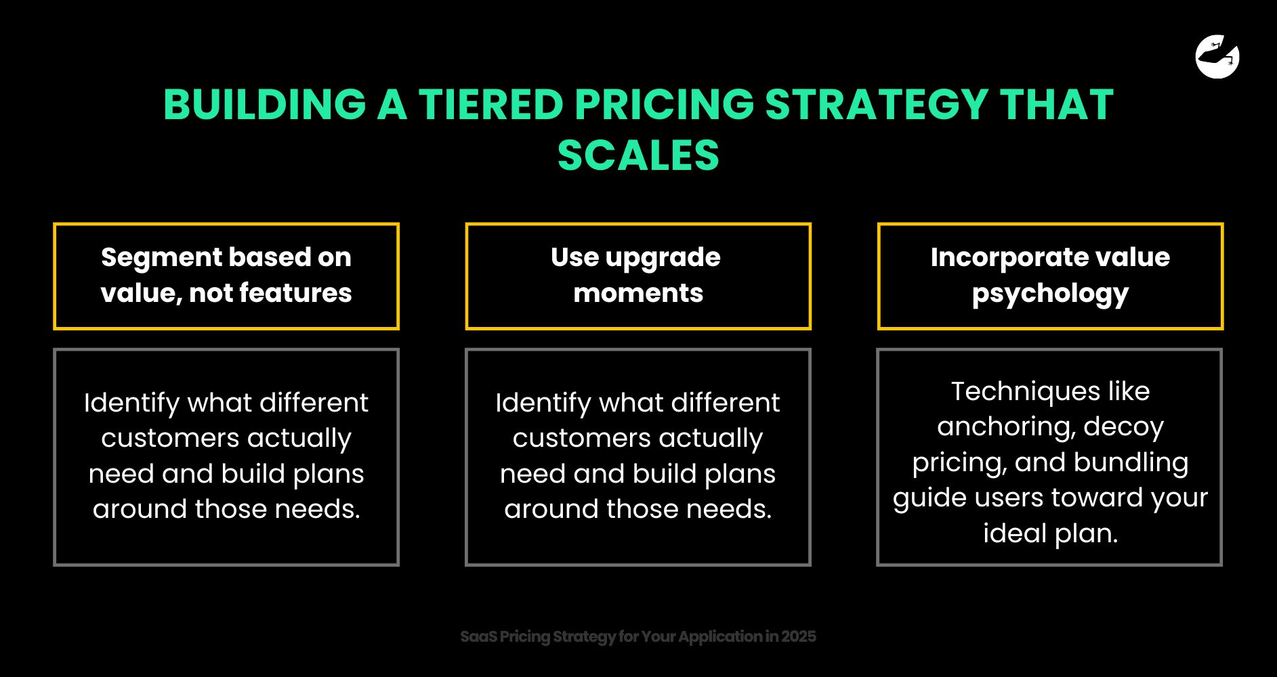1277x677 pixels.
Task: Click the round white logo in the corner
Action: coord(1217,57)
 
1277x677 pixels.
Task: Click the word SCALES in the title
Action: coord(638,156)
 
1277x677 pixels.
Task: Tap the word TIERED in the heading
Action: coord(490,105)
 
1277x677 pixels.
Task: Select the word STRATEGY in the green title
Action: coord(877,105)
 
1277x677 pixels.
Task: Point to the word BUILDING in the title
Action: coord(265,105)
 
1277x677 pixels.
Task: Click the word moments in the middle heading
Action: coord(638,293)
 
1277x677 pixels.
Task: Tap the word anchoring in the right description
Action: coord(1005,427)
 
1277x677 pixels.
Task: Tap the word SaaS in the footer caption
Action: coord(478,636)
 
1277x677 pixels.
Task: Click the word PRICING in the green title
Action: coord(664,105)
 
